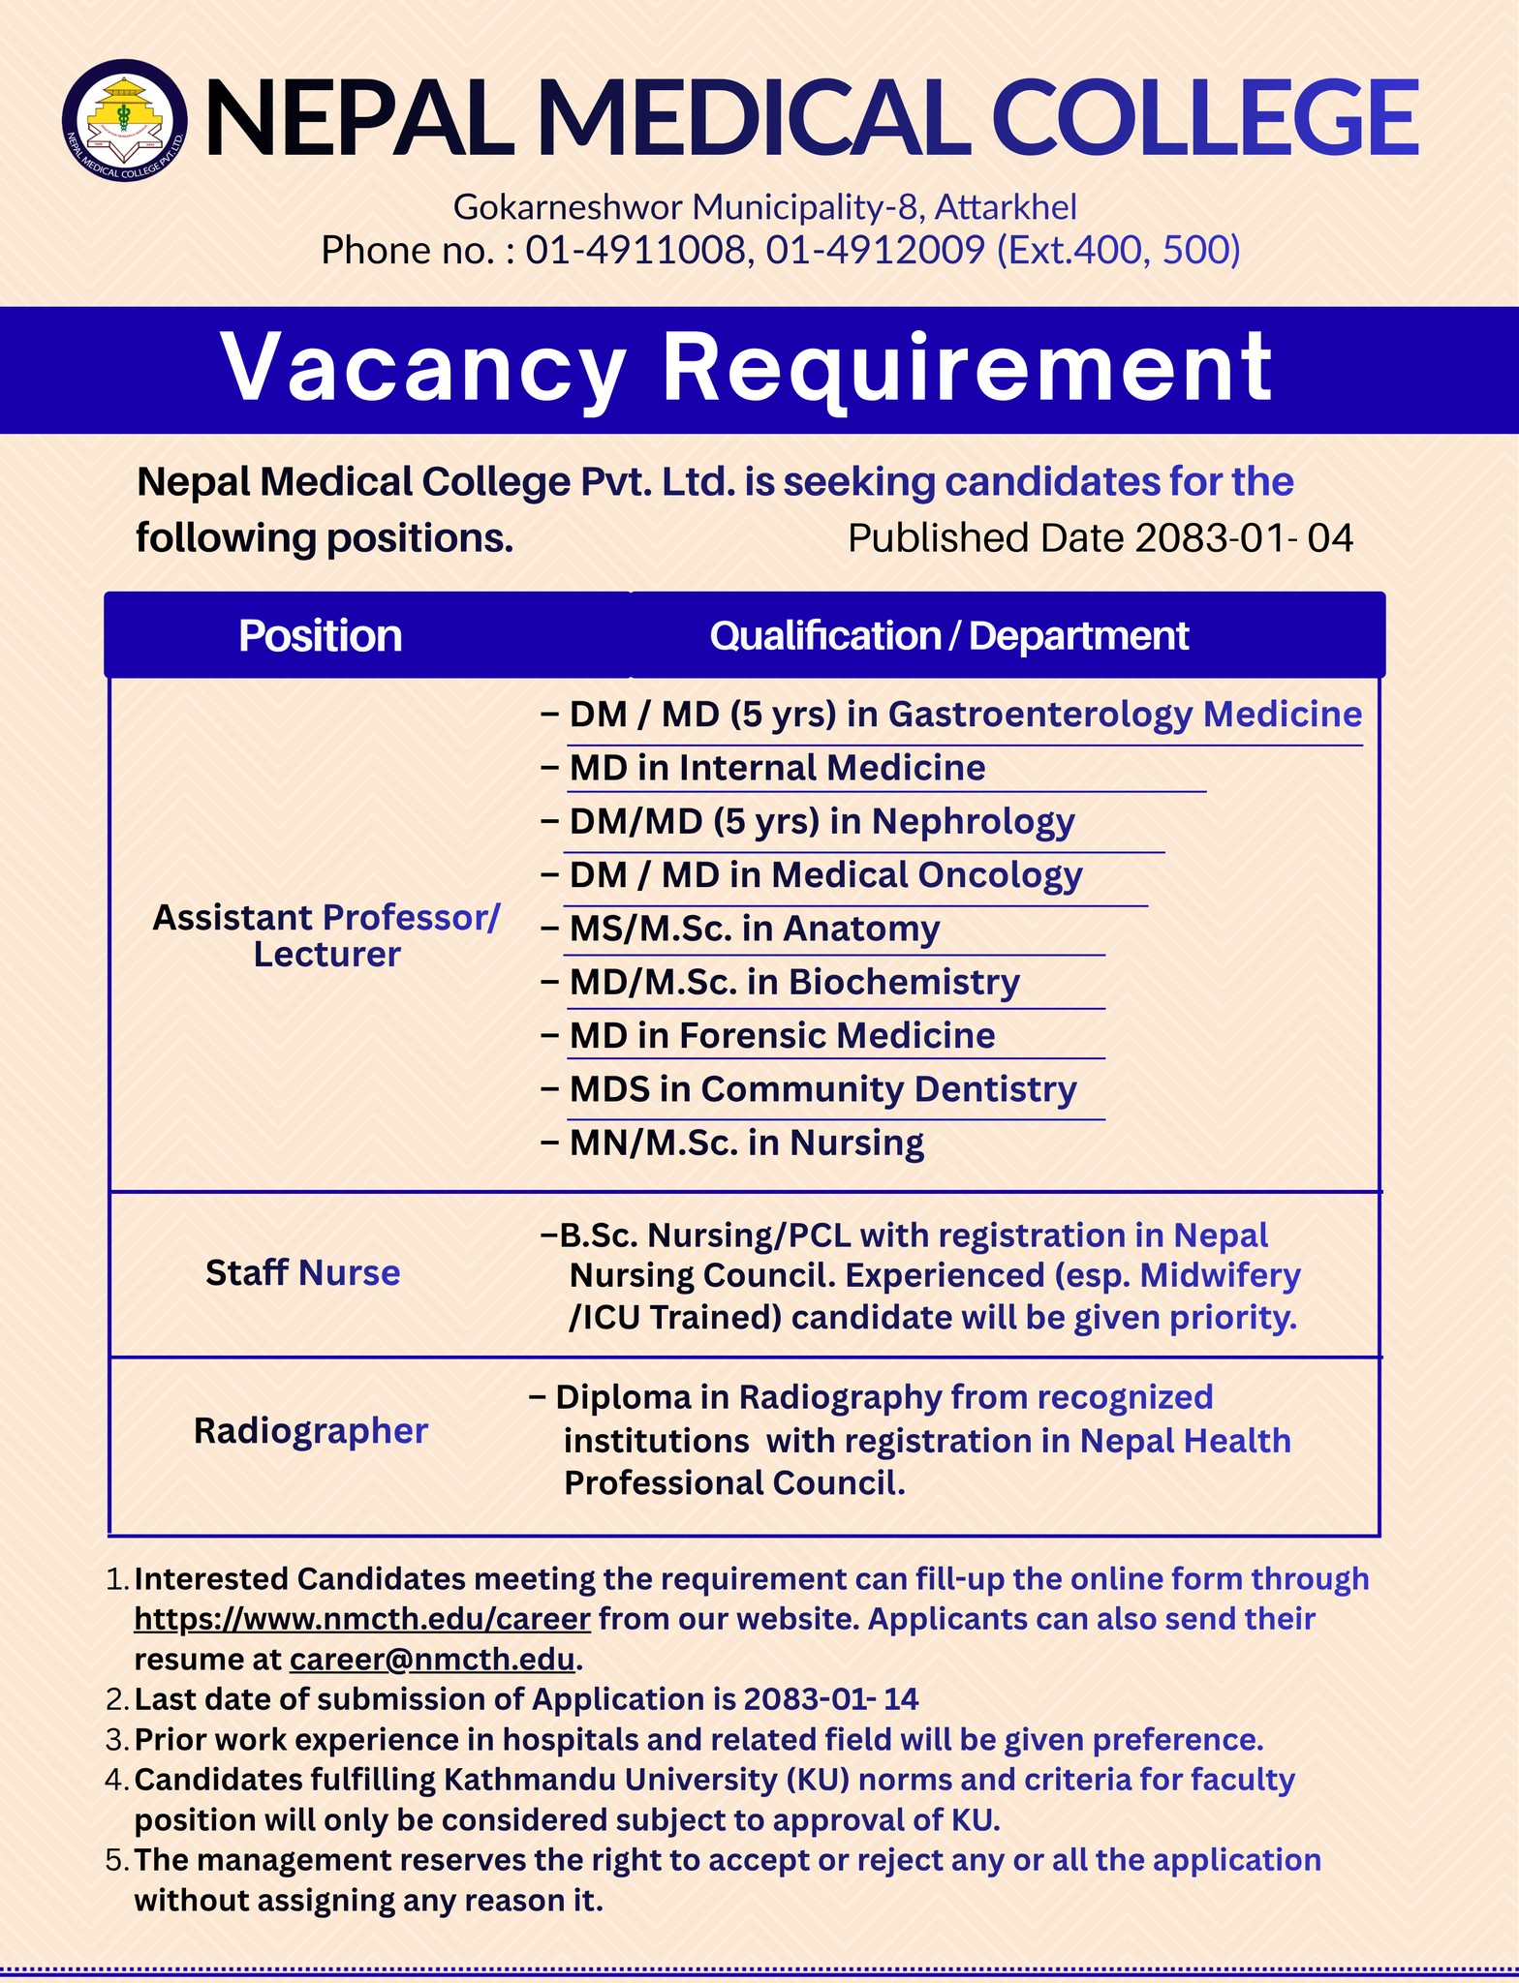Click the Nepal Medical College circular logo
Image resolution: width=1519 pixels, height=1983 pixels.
125,119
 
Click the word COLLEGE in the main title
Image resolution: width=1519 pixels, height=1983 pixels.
1205,118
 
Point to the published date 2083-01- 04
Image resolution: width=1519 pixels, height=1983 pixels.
1243,538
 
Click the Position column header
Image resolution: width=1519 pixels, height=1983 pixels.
320,636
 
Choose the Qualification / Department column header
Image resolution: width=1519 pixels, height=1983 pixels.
948,636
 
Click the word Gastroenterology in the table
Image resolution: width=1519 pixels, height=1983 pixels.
1039,715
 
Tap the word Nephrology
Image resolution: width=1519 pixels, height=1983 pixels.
973,821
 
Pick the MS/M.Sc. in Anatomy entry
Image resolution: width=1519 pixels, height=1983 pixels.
754,929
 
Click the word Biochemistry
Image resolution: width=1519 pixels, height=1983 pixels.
903,982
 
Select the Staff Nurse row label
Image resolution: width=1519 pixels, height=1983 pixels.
302,1272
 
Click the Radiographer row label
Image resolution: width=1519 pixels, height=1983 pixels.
310,1431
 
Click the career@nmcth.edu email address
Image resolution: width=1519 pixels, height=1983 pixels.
432,1660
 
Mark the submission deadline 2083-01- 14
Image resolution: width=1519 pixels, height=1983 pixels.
830,1699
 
